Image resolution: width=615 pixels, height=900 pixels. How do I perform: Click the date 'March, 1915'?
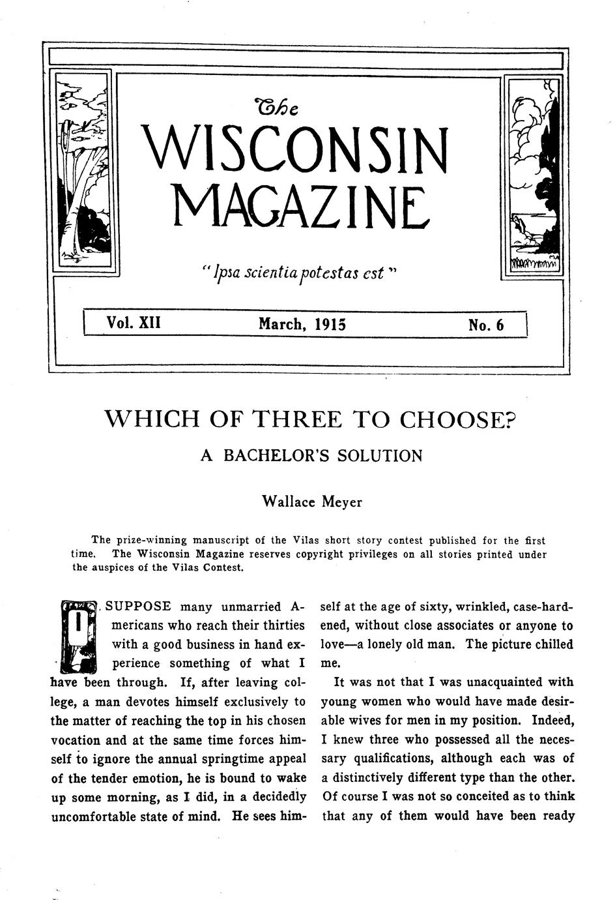click(302, 324)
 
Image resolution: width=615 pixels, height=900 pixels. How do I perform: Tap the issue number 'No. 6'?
click(486, 325)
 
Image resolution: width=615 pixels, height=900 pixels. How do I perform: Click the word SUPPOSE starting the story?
click(138, 607)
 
